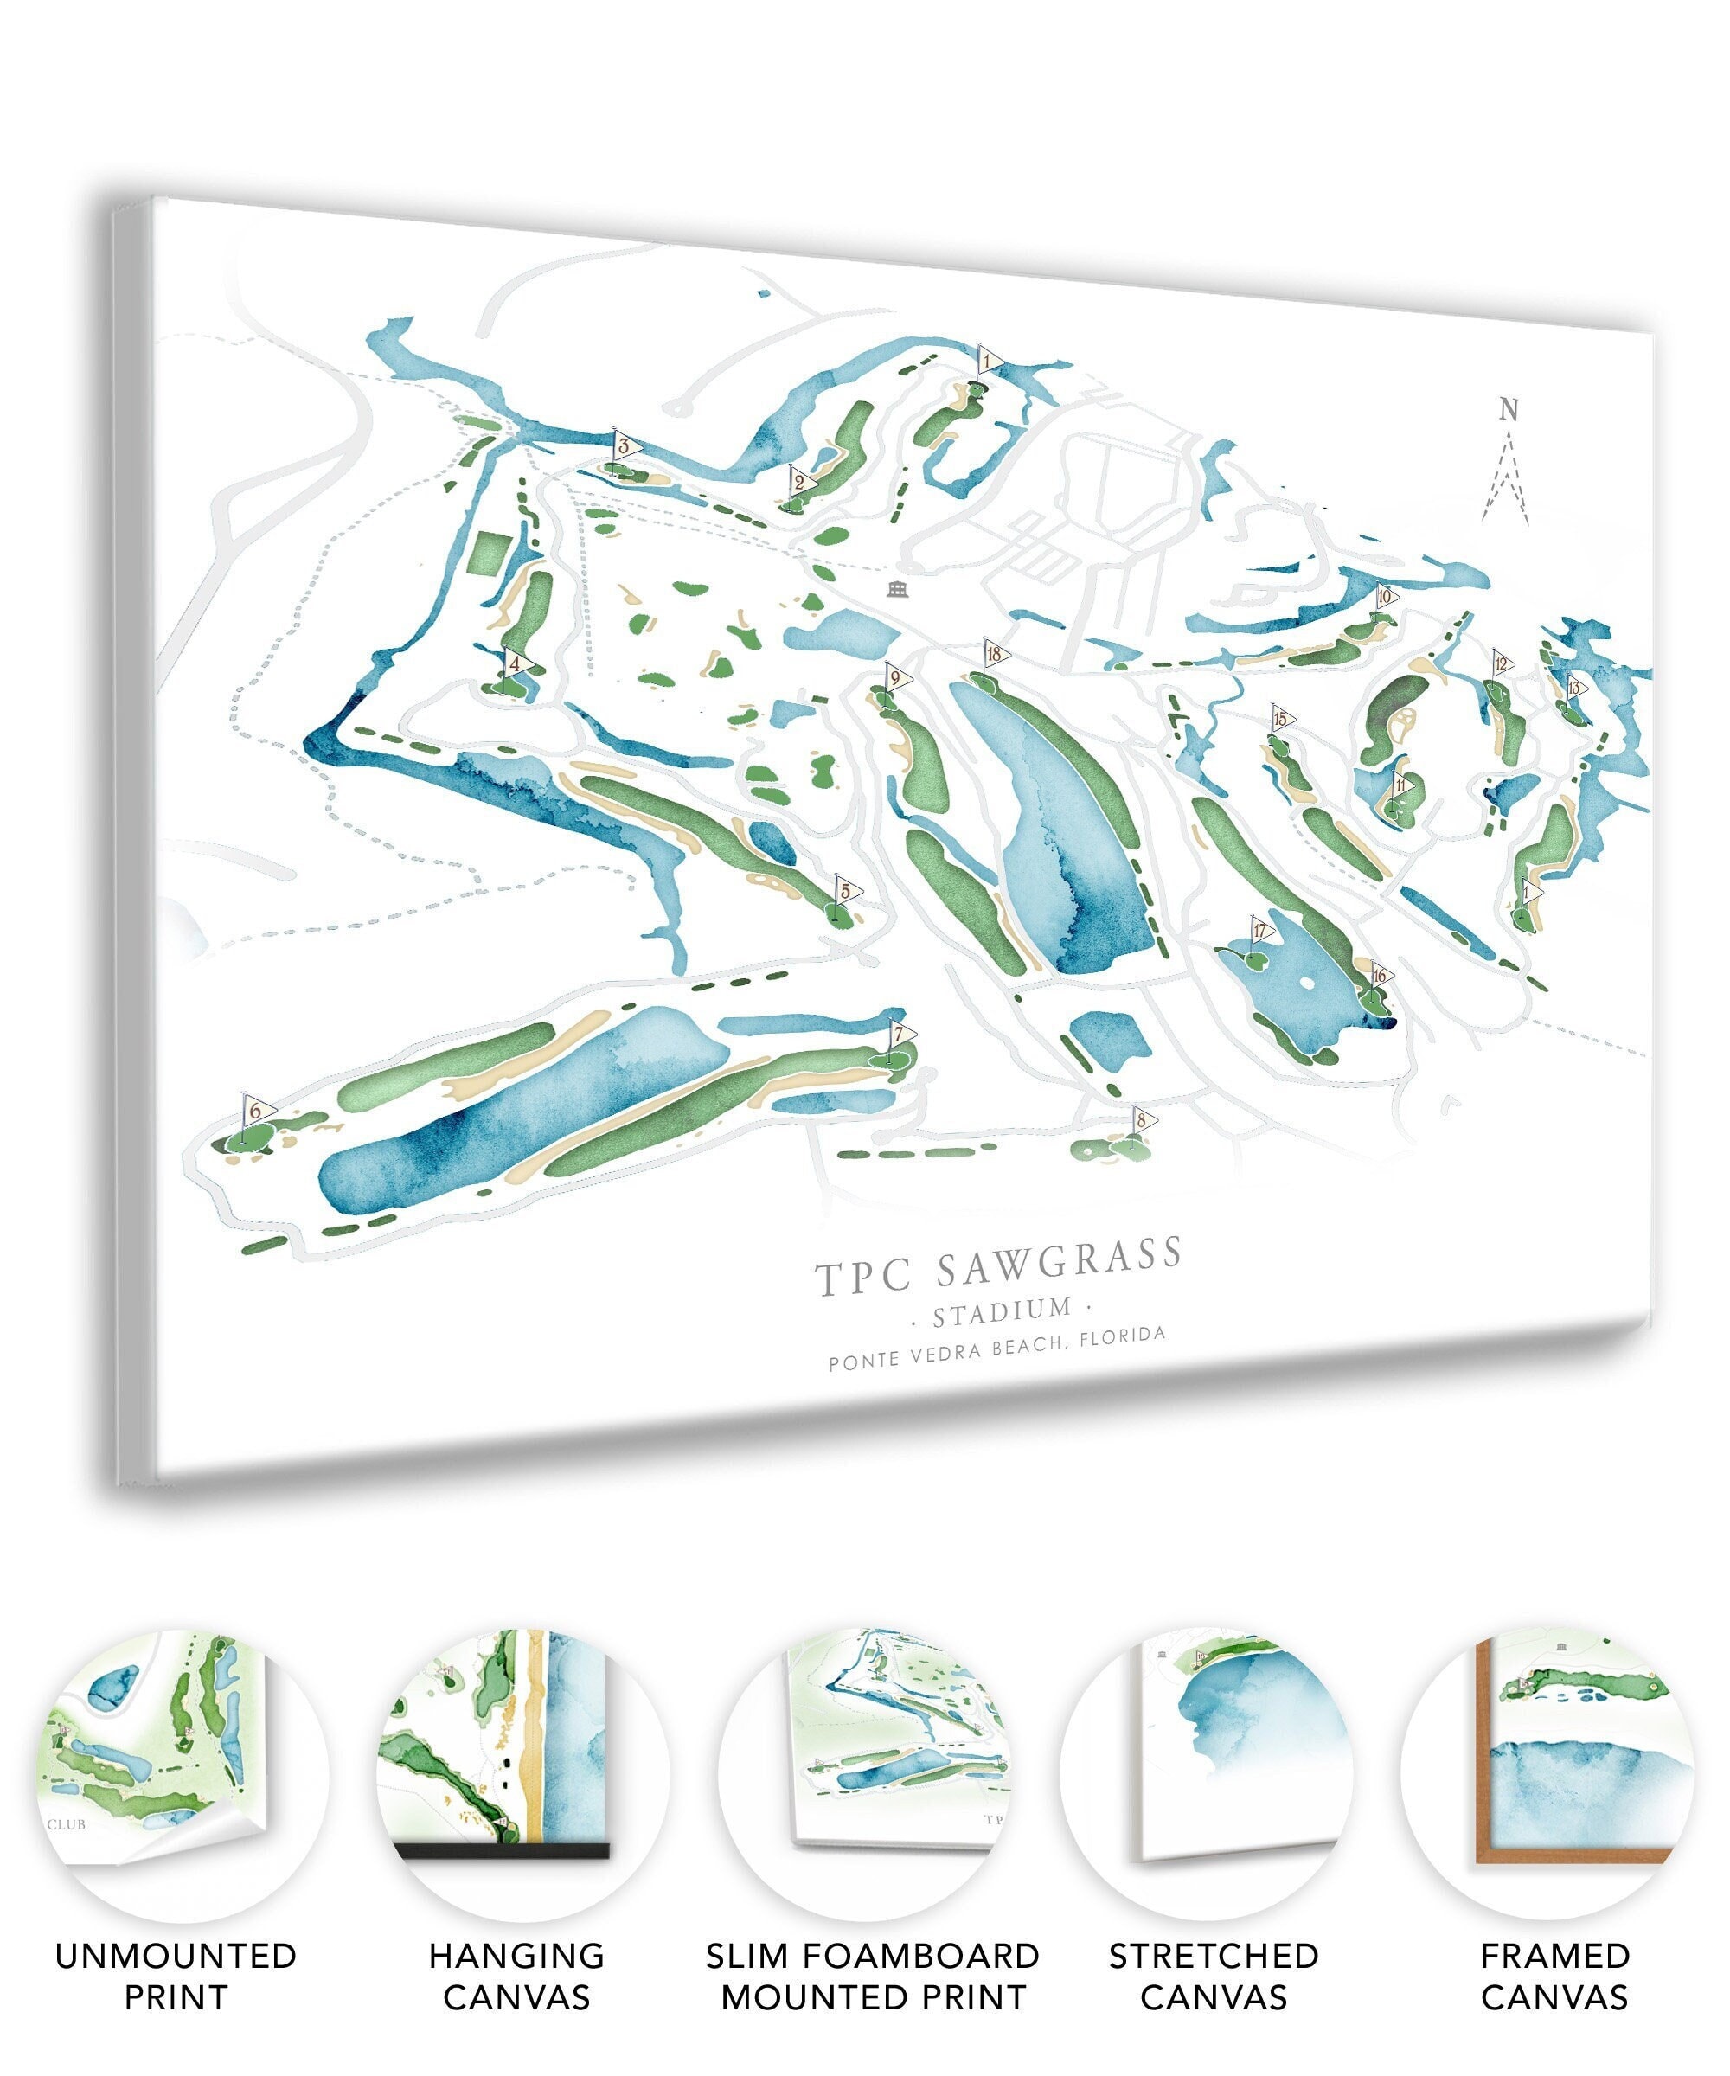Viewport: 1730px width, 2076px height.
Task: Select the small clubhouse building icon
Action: pos(898,590)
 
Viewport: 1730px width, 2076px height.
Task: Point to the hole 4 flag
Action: pos(515,663)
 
